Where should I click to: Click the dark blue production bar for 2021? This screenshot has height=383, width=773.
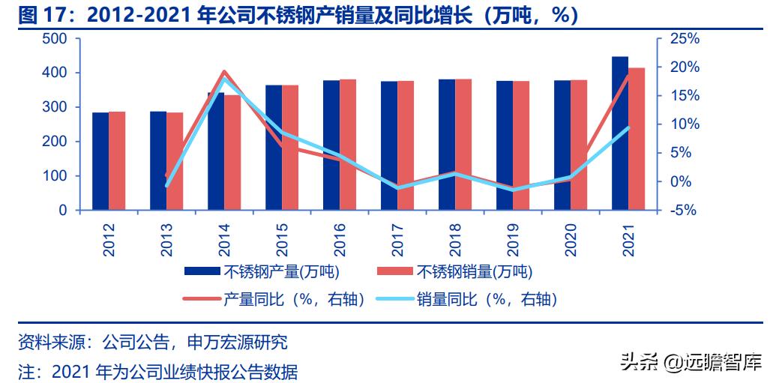click(x=620, y=133)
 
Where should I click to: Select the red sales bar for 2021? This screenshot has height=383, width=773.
click(x=637, y=139)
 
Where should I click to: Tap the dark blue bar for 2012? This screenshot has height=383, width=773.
click(x=100, y=161)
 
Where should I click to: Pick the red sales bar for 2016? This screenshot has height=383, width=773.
click(x=348, y=145)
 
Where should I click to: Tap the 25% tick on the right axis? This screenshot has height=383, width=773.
click(x=685, y=38)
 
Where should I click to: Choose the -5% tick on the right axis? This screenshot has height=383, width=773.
click(x=685, y=211)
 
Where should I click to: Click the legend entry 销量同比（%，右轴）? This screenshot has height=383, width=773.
click(x=487, y=299)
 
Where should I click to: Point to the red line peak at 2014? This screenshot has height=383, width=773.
click(x=223, y=72)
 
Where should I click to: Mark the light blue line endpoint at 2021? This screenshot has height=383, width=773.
click(x=628, y=128)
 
